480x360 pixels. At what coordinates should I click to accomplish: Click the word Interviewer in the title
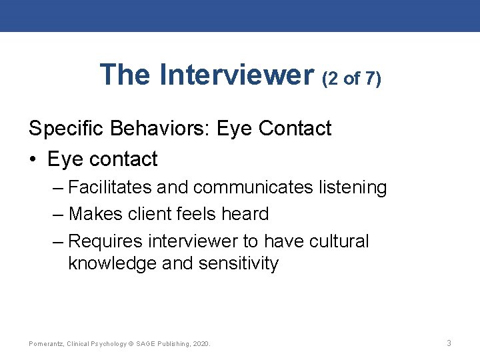tap(237, 75)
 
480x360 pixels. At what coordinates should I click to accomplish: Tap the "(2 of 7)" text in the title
tap(351, 79)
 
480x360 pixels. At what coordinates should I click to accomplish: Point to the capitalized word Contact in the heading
tap(293, 128)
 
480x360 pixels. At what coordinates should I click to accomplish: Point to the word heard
tap(246, 213)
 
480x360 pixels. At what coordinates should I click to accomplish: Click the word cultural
tap(339, 240)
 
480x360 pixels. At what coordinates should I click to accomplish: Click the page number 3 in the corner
tap(449, 343)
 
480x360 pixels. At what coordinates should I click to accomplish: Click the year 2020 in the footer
tap(201, 344)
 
